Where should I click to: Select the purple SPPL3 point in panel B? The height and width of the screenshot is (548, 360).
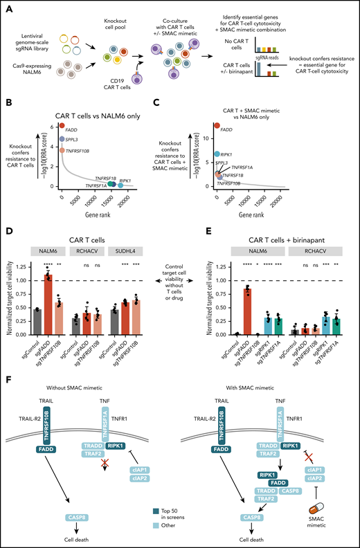(x=62, y=139)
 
